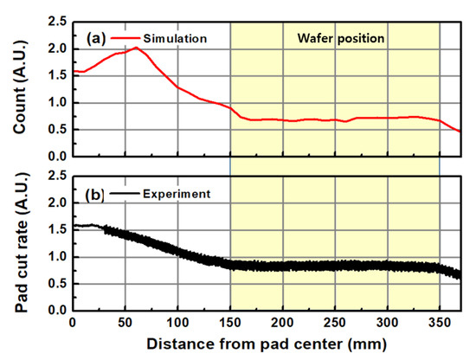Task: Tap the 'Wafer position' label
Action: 335,39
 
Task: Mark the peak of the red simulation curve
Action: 135,48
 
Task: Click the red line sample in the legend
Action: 126,39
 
